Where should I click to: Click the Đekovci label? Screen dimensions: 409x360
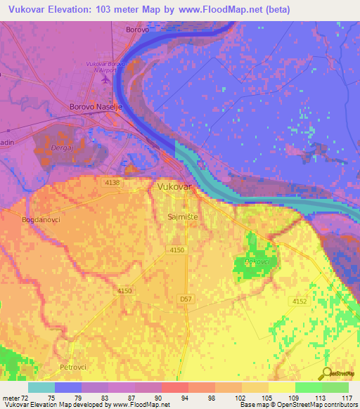(x=257, y=261)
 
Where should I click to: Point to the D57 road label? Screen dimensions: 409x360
(x=186, y=299)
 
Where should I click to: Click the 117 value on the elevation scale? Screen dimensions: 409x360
(x=347, y=396)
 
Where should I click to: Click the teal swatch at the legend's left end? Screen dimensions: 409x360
(x=41, y=387)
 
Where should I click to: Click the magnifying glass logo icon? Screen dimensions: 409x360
(x=327, y=374)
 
